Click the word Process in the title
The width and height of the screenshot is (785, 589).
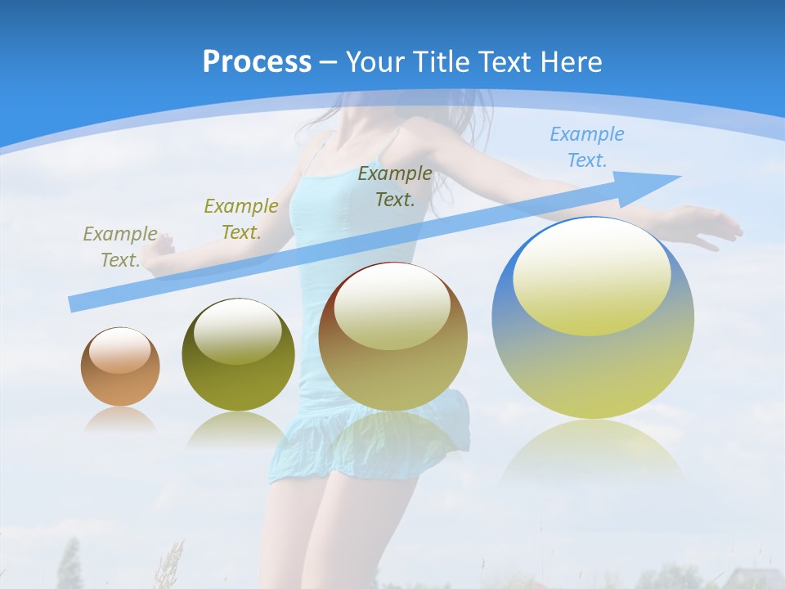tap(257, 62)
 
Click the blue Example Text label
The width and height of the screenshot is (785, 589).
tap(587, 147)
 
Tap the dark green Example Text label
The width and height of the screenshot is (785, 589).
tap(395, 186)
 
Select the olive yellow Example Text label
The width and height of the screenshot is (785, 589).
tap(241, 218)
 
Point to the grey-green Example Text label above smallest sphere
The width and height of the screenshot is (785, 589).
tap(120, 246)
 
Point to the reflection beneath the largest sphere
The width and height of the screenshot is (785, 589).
tap(592, 450)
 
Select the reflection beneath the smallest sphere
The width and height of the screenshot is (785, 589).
tap(120, 419)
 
